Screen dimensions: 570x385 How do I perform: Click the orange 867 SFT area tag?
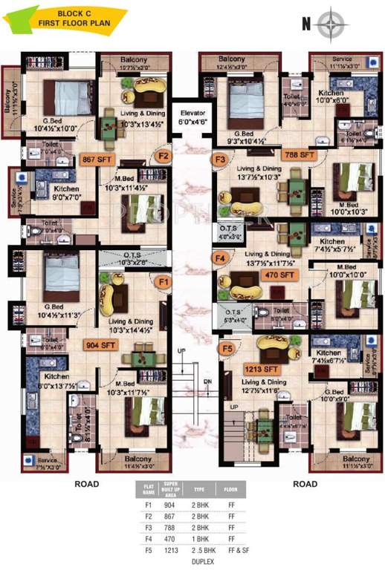coord(97,157)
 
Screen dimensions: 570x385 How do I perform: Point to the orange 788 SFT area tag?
coord(300,155)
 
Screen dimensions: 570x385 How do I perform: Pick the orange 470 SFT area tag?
coord(282,274)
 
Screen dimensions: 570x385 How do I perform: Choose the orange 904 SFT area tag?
coord(101,345)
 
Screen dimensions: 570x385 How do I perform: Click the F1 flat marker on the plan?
coord(164,282)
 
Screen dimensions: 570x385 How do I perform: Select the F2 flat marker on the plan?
coord(163,156)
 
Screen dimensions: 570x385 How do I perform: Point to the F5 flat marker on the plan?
coord(228,347)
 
